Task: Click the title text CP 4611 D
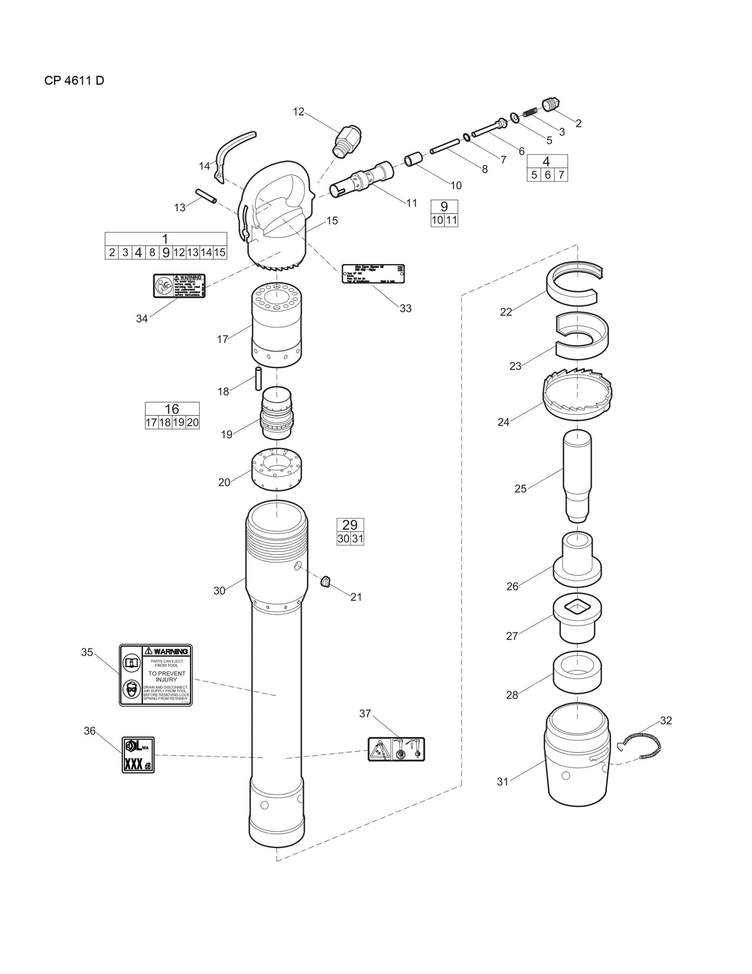74,81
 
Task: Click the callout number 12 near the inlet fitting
298,111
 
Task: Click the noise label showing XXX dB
138,755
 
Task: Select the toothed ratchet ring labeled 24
577,391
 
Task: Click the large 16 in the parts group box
172,409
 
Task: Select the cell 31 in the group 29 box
357,539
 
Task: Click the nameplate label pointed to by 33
373,273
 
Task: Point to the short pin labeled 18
258,378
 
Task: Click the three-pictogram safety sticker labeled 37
396,749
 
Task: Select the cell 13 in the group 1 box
193,253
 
